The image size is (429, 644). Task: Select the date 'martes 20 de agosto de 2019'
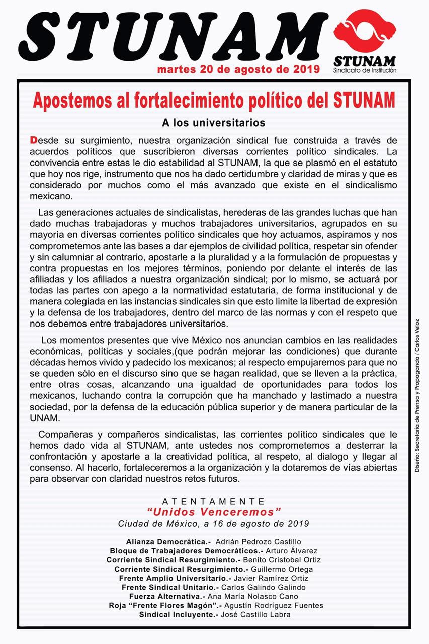238,69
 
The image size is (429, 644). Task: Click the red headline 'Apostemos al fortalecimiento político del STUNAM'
214,100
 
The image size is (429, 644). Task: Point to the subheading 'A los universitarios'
213,122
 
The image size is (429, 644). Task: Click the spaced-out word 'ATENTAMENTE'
213,501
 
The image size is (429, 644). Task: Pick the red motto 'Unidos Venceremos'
213,512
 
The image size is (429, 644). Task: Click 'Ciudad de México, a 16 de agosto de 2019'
213,523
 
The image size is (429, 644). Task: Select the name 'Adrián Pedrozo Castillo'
258,542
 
